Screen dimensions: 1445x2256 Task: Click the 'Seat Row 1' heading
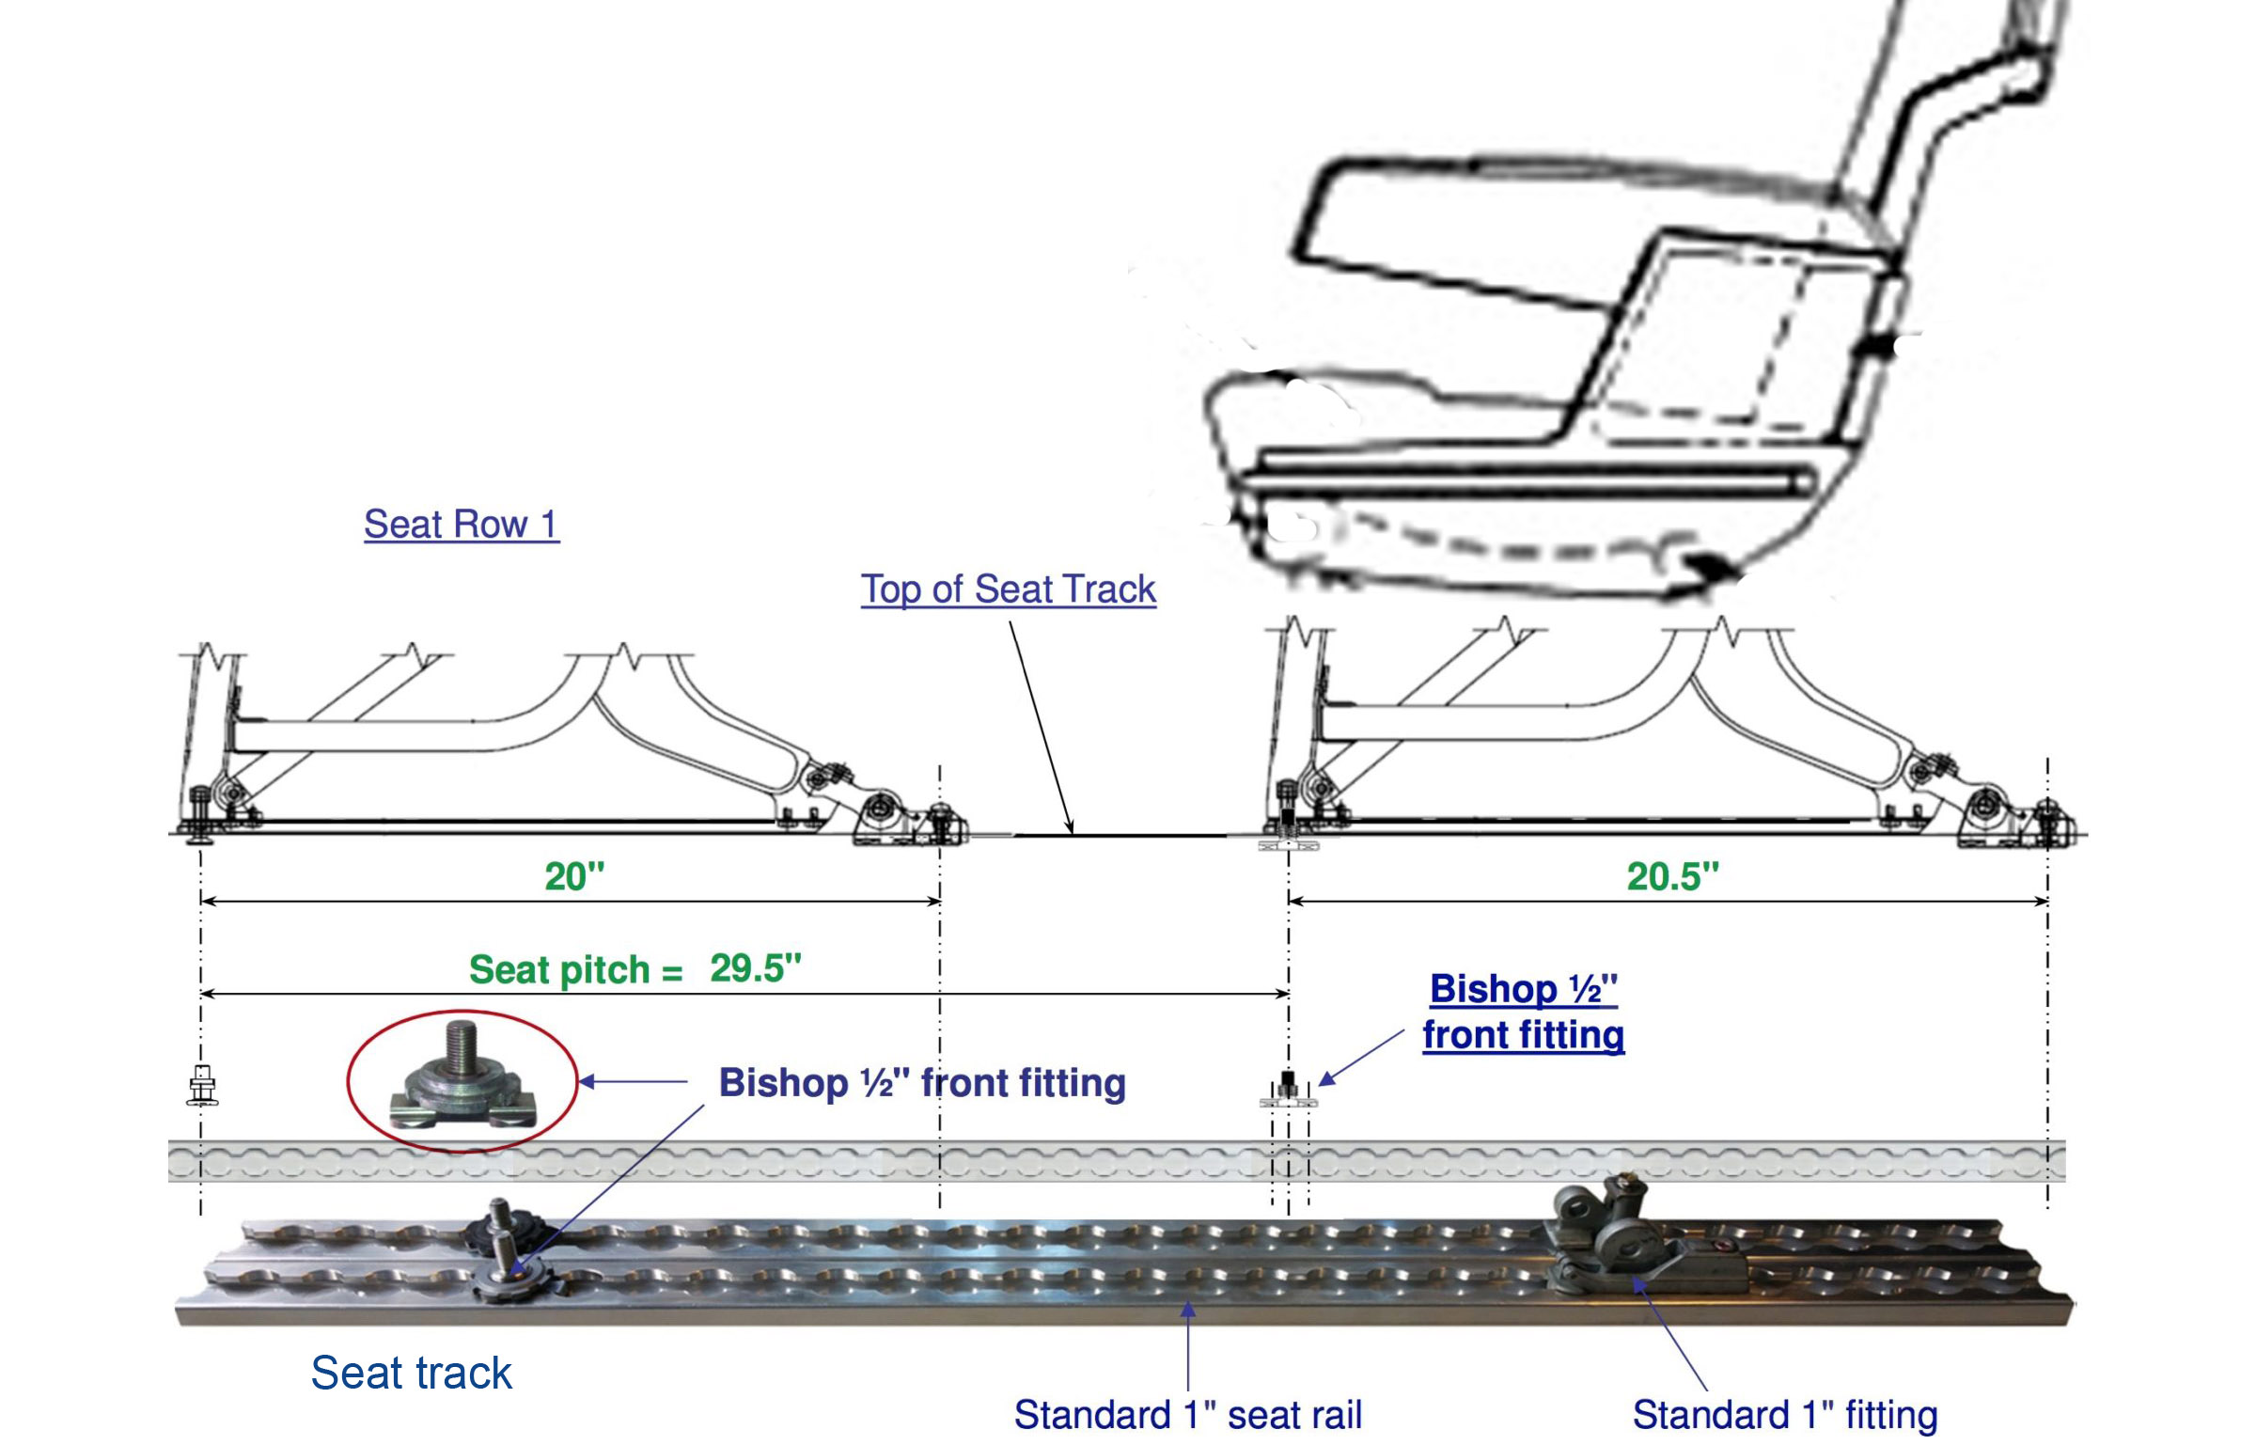pos(461,524)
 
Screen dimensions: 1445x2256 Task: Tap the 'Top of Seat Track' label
pos(1008,589)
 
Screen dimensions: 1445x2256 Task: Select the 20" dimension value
pos(574,876)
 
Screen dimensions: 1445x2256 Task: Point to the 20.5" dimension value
pos(1672,876)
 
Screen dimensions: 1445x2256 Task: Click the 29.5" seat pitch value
pos(755,968)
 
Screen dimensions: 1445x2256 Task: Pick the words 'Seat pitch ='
pos(575,970)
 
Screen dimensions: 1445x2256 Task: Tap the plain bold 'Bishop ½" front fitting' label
pos(921,1083)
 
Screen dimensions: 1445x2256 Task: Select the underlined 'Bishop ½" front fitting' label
pos(1523,1012)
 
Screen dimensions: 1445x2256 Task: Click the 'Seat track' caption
pos(411,1373)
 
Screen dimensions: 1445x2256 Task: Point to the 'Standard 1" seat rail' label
pos(1187,1414)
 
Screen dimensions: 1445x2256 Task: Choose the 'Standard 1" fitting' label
pos(1784,1414)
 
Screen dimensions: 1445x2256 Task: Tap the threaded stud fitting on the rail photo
pos(503,1250)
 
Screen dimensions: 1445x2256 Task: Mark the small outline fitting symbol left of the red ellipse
pos(202,1085)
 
